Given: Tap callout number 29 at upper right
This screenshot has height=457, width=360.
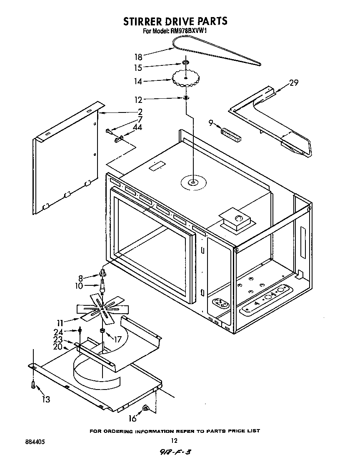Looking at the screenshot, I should coord(294,83).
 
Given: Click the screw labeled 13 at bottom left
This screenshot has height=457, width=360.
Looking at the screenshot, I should coord(32,386).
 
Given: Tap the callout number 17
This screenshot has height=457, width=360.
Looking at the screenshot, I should coord(117,339).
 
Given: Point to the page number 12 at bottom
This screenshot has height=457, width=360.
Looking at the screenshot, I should coord(174,441).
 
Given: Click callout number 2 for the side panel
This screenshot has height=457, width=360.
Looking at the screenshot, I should coord(140,112).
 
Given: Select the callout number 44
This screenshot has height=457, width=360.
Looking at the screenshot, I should coord(137,127).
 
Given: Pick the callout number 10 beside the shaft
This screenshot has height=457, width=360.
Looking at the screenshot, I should coord(79,286).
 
